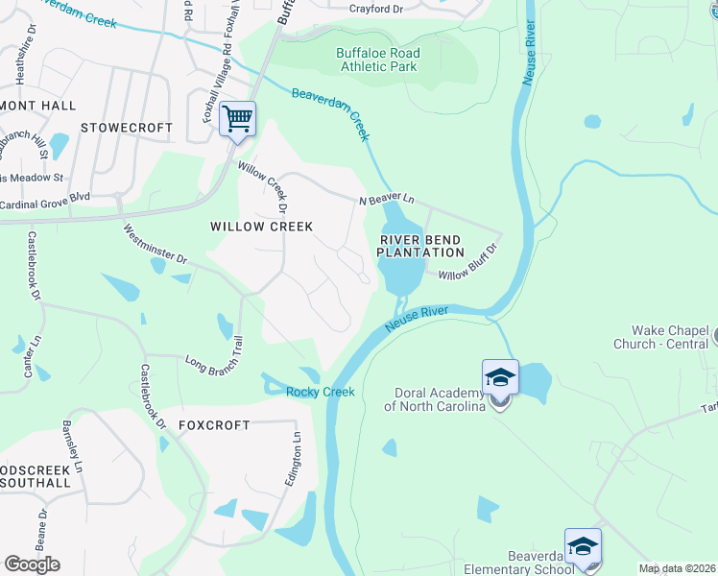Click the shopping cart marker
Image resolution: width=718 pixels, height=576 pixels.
point(237,120)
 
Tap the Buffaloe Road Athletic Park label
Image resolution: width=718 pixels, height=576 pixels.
point(376,60)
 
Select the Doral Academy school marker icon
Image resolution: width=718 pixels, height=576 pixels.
point(500,378)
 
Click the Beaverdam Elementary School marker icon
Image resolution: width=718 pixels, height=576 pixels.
point(582,546)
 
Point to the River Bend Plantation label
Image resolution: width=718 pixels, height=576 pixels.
point(420,246)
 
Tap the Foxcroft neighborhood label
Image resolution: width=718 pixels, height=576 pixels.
point(214,424)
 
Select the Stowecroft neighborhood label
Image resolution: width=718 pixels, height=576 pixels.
point(127,128)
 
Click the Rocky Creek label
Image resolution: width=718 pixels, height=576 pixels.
point(321,392)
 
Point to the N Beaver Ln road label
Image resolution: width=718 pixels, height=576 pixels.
point(386,200)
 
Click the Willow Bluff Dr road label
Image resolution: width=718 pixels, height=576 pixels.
point(468,262)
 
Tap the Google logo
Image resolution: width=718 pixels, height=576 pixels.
point(32,564)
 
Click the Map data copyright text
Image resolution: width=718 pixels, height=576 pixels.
point(676,568)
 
